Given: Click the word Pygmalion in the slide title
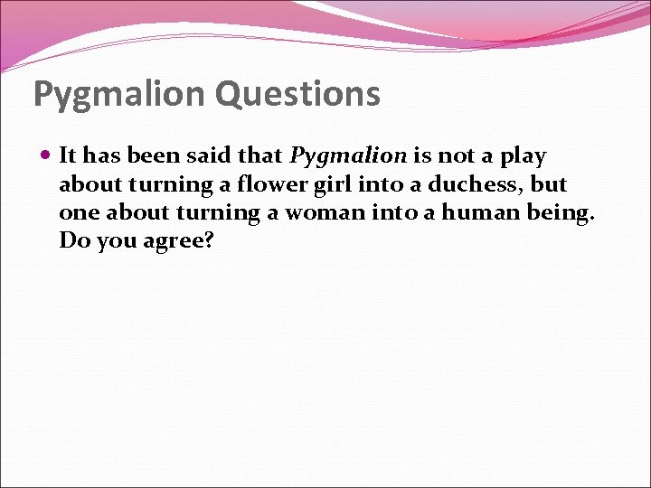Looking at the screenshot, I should (122, 93).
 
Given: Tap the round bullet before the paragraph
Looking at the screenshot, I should (46, 155).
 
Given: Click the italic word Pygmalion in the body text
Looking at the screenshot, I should (348, 156).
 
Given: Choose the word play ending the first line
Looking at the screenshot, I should (524, 156).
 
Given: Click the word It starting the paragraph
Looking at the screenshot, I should (67, 156).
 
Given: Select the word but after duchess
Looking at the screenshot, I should (551, 184).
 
